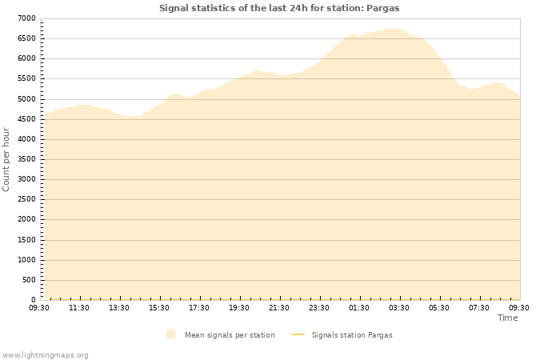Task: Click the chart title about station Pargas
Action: click(279, 8)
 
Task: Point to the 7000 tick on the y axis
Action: click(26, 18)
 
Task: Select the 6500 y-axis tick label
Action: click(26, 38)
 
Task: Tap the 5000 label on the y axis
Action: click(26, 99)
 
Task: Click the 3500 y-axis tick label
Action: click(26, 159)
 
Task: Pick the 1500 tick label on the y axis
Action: click(26, 240)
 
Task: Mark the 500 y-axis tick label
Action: click(29, 280)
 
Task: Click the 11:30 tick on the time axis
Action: click(79, 307)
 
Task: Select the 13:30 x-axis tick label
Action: click(119, 307)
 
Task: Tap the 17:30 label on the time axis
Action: click(199, 307)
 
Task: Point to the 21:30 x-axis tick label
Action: click(279, 307)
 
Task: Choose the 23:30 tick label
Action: click(319, 307)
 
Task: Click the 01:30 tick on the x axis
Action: click(359, 307)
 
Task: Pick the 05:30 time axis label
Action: click(439, 307)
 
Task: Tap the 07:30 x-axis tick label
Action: click(479, 307)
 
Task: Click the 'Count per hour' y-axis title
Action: click(7, 158)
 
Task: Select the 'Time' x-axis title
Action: click(508, 318)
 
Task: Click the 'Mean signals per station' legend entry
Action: click(229, 335)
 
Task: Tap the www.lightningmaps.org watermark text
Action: click(46, 354)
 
